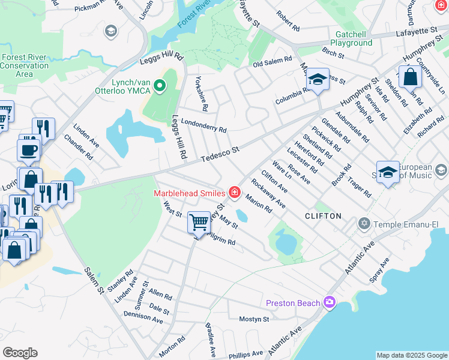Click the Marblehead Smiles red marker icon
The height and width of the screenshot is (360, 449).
pyautogui.click(x=234, y=193)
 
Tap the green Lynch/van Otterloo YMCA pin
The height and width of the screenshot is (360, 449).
pyautogui.click(x=160, y=86)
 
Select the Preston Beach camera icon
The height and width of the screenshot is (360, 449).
pyautogui.click(x=329, y=302)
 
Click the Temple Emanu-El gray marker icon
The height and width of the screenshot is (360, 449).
pyautogui.click(x=363, y=224)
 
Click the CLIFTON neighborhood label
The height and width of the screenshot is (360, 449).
pyautogui.click(x=323, y=215)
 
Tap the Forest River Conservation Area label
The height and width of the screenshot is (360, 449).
pyautogui.click(x=24, y=65)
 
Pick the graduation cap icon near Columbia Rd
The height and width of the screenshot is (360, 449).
pyautogui.click(x=317, y=79)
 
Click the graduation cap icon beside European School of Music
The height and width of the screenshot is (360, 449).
pyautogui.click(x=388, y=172)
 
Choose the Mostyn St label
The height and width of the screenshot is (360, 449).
pyautogui.click(x=254, y=319)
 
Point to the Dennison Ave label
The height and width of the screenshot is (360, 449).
pyautogui.click(x=143, y=316)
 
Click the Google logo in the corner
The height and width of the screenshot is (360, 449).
pyautogui.click(x=20, y=353)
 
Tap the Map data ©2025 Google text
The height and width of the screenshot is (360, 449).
pyautogui.click(x=411, y=355)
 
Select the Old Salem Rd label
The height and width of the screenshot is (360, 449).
pyautogui.click(x=272, y=63)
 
